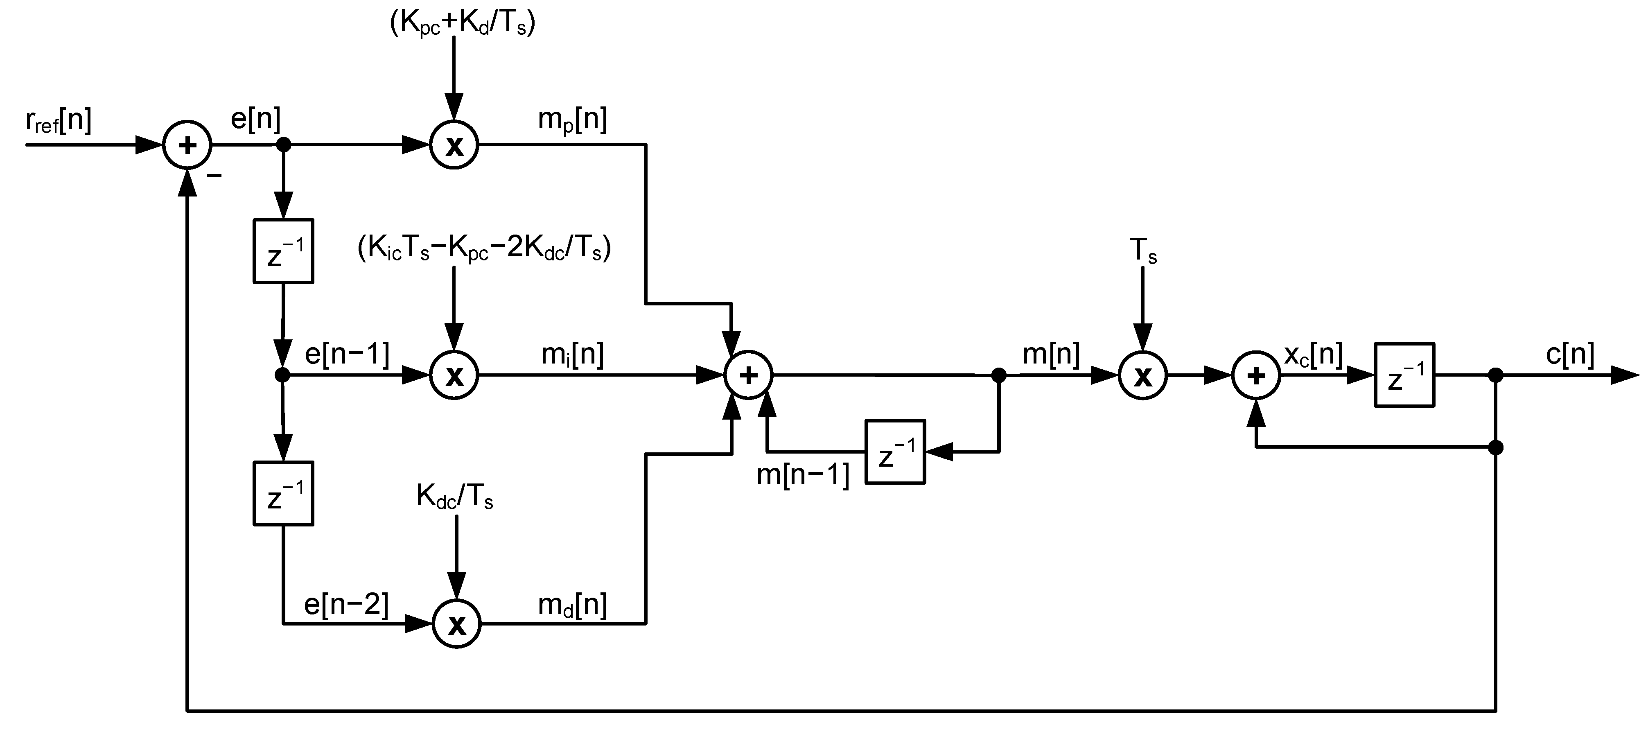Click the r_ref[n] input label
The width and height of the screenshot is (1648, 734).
59,121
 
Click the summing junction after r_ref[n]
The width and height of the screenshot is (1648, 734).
187,145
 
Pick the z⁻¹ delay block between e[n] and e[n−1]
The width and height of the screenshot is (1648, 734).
283,251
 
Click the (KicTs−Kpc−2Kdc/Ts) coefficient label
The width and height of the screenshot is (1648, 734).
484,248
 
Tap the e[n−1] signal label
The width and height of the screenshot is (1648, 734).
347,354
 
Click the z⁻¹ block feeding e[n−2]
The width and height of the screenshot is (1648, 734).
283,493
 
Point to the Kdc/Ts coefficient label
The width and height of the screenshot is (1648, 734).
454,496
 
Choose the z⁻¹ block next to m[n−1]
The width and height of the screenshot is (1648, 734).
895,452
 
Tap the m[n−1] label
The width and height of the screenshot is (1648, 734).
803,475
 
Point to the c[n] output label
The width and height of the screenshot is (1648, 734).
1570,354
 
